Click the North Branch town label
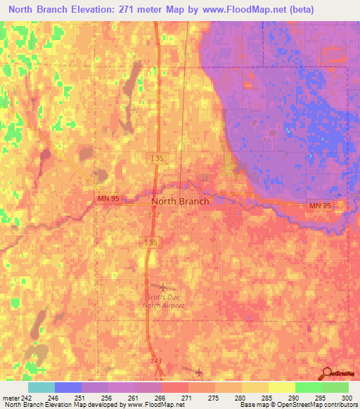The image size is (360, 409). [180, 201]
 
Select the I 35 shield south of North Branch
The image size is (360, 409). [155, 242]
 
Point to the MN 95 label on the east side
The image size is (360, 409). [319, 205]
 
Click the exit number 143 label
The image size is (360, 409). [156, 361]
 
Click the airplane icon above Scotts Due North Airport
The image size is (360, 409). [164, 287]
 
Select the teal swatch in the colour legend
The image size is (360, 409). [41, 387]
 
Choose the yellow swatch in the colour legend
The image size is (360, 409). [281, 387]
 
